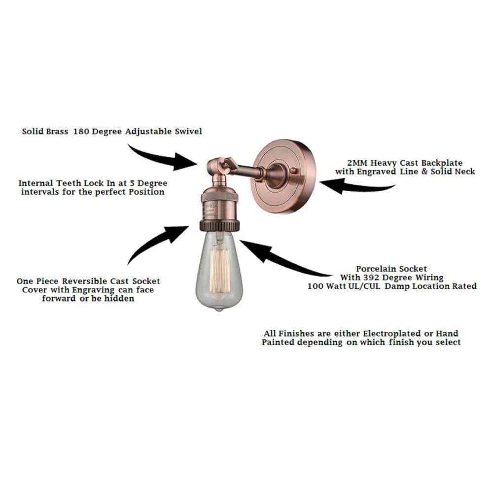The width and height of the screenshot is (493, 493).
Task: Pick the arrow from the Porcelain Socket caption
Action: pos(281,259)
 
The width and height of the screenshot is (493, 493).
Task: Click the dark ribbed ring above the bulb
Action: pos(219,226)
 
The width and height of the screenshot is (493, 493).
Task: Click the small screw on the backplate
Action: pos(295,170)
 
